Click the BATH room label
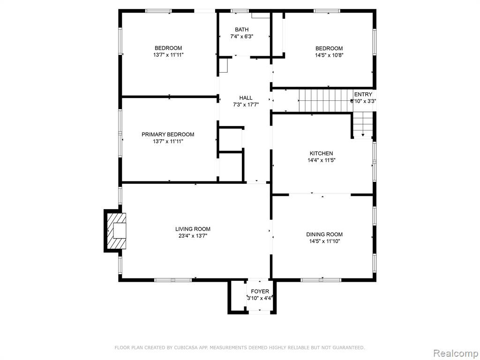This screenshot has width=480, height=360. point(242,30)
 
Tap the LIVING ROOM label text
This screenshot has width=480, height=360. point(193,229)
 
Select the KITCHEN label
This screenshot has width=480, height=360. point(322,153)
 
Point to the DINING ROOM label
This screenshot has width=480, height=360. point(324,234)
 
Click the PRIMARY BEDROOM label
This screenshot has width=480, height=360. point(168,135)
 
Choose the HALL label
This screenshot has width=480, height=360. point(246,98)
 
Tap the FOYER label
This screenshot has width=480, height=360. point(260,292)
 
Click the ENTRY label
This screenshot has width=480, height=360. point(363,94)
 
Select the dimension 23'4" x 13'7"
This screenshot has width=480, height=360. point(193,236)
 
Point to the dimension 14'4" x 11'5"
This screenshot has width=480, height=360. point(322,160)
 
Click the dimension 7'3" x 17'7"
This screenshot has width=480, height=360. point(246,105)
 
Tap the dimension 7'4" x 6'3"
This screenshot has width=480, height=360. point(242,37)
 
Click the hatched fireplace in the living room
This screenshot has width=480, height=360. point(116,231)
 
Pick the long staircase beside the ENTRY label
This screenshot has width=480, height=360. point(325,101)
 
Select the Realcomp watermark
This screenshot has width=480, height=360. point(455,353)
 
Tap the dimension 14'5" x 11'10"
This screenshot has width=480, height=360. point(324,241)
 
